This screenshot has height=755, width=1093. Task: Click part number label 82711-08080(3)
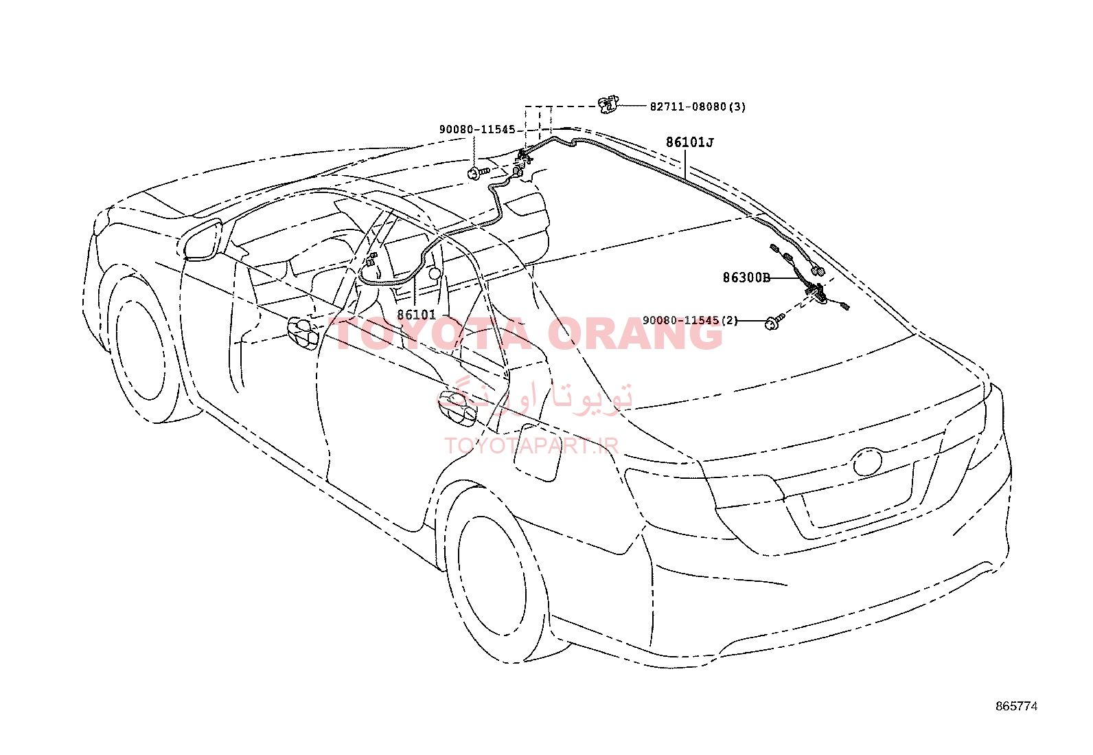click(x=698, y=106)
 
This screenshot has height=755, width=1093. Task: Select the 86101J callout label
click(x=689, y=143)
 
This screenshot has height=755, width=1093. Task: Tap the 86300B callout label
click(x=746, y=278)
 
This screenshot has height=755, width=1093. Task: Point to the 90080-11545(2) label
click(x=690, y=320)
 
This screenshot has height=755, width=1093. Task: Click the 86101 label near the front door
click(x=416, y=315)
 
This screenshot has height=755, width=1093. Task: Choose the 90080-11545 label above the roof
click(x=477, y=129)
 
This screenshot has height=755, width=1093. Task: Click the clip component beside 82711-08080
click(x=608, y=105)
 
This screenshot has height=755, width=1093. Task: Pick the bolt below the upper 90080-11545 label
click(x=478, y=172)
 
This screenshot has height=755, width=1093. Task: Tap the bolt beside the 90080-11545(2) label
click(x=775, y=322)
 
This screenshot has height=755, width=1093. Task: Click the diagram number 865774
click(x=1016, y=706)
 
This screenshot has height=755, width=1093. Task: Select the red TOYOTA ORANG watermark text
click(x=525, y=334)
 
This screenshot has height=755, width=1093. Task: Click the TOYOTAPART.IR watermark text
click(x=531, y=445)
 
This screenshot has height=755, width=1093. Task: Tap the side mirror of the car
click(x=203, y=240)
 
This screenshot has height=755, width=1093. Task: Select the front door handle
click(x=303, y=333)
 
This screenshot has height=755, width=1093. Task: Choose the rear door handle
click(x=457, y=407)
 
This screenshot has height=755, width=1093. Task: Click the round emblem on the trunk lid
click(x=867, y=461)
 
